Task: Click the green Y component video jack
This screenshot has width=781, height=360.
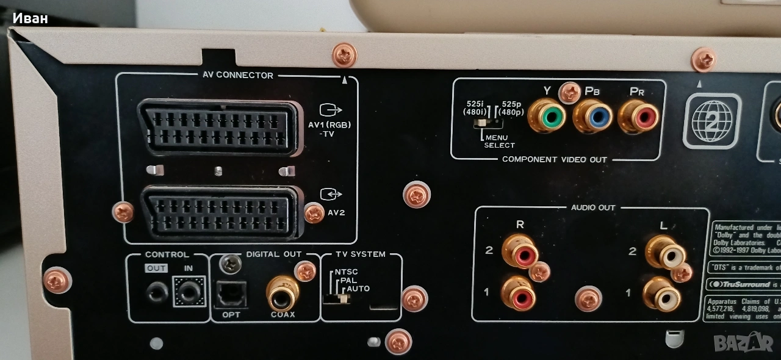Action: [547, 116]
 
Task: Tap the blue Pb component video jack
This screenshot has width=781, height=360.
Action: [592, 117]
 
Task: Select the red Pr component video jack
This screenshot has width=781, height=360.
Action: [638, 117]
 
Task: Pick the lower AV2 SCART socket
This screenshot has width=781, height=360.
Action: [220, 211]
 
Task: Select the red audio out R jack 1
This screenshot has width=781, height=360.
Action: [518, 293]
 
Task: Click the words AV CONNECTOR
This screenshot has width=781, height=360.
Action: [238, 76]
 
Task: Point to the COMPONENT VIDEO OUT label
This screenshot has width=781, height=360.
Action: [554, 160]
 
